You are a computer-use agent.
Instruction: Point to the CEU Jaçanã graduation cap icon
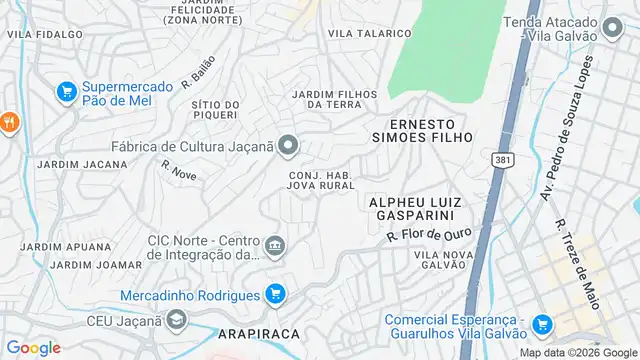coord(176,320)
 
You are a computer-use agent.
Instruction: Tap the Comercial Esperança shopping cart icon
coord(542,324)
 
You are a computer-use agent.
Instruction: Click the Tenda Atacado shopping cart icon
coord(613,24)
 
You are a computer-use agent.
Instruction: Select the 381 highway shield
coord(503,159)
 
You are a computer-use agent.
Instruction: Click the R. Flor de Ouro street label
coord(428,235)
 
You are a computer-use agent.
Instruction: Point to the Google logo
coord(34,347)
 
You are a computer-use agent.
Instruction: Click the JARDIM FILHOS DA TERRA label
coord(333,99)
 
